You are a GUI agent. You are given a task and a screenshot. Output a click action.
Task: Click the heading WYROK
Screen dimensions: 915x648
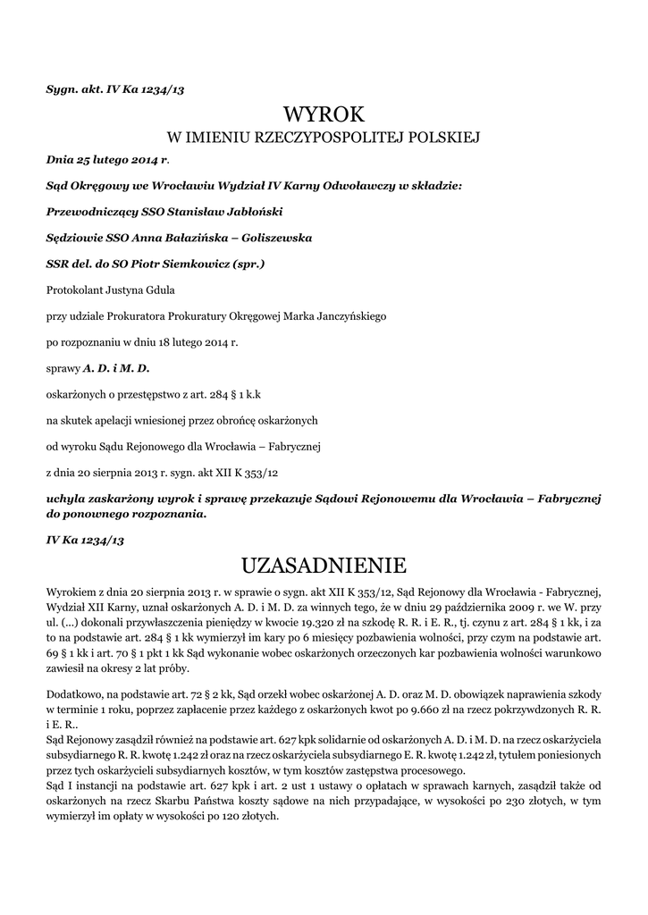[x=324, y=115]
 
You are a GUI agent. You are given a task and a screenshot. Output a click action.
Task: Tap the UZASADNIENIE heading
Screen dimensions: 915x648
[x=324, y=566]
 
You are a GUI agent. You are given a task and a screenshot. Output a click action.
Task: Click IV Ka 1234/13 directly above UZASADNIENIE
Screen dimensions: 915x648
[x=85, y=541]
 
